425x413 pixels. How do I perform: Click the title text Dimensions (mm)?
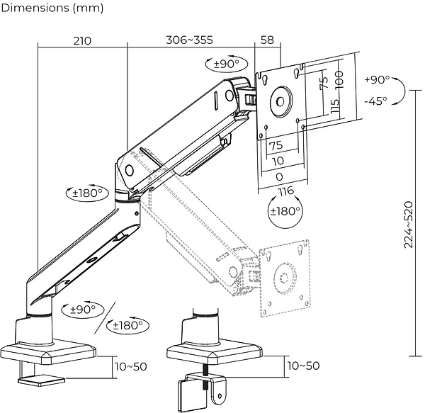52,9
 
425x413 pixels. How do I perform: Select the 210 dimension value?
81,40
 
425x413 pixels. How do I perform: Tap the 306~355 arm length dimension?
189,40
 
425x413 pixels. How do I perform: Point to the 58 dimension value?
267,40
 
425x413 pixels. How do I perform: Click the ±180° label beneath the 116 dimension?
285,210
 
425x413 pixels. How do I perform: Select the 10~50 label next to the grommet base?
302,366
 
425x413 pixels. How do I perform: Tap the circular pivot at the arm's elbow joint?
130,171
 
